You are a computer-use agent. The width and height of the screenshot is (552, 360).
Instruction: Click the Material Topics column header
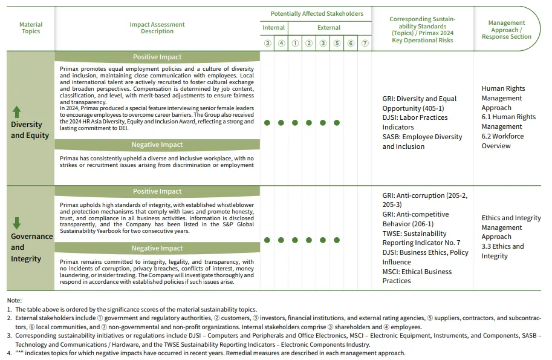tap(31, 28)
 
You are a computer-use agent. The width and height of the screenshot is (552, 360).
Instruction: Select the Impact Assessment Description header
tap(157, 28)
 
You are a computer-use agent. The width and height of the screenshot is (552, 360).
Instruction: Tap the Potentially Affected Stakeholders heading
tap(317, 13)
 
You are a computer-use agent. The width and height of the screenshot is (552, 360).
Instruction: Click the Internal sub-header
tap(273, 28)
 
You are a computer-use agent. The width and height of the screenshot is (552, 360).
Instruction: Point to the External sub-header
tap(329, 28)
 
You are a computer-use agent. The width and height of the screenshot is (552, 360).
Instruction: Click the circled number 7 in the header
tap(365, 43)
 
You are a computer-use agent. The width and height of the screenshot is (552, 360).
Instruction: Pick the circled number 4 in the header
tap(281, 43)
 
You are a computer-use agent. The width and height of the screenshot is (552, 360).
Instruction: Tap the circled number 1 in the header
tap(295, 43)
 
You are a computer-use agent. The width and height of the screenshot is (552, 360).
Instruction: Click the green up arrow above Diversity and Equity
tap(17, 112)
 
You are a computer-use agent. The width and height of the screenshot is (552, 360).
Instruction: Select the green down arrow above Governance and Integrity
tap(17, 222)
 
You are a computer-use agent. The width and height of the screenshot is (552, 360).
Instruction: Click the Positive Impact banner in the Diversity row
tap(157, 57)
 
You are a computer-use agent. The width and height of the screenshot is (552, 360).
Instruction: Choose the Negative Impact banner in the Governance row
tap(157, 248)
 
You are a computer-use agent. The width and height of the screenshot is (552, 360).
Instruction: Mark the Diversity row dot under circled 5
tap(337, 122)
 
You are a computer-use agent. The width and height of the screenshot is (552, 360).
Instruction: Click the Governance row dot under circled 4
tap(281, 240)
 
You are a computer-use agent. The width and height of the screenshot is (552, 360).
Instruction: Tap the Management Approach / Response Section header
tap(507, 30)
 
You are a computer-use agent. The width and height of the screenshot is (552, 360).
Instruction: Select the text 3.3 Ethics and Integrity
tap(502, 251)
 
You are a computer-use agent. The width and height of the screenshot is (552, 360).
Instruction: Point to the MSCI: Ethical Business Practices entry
tap(417, 276)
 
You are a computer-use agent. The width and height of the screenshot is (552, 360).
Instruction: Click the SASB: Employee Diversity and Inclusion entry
tap(421, 142)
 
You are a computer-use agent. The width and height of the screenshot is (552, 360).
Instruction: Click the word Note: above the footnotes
tap(15, 300)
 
